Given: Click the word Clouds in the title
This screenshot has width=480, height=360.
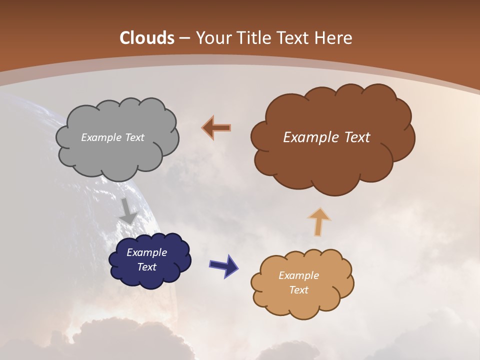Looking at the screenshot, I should click(x=147, y=38).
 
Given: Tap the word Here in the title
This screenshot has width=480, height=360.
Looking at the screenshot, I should click(x=334, y=38).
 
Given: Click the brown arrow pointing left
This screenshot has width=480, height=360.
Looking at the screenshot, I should click(x=217, y=128).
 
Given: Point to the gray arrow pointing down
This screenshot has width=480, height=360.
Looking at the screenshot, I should click(x=128, y=210).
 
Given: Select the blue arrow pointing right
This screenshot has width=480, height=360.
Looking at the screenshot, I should click(x=223, y=265).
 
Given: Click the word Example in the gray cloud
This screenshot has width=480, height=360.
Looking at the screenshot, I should click(x=100, y=137).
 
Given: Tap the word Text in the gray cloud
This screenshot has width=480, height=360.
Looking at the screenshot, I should click(x=133, y=137).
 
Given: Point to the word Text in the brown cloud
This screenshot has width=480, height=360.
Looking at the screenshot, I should click(x=357, y=137).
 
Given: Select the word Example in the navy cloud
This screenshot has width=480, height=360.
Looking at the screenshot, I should click(x=146, y=252).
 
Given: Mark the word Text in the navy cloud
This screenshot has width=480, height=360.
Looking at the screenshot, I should click(x=146, y=267).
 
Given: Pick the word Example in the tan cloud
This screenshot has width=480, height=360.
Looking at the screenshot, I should click(x=298, y=275).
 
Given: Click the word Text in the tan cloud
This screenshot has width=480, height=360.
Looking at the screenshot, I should click(x=298, y=290).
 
